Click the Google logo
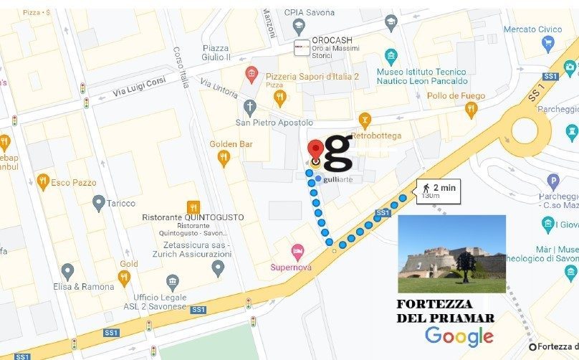(x=459, y=336)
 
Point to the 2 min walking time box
(x=438, y=190)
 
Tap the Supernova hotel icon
(x=297, y=252)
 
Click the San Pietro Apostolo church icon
(x=250, y=109)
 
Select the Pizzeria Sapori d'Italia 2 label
(x=312, y=76)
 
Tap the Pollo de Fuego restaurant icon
(x=471, y=110)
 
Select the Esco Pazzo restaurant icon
(x=43, y=182)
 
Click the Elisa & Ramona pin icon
(x=67, y=272)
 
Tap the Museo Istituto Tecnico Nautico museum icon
(x=391, y=57)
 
